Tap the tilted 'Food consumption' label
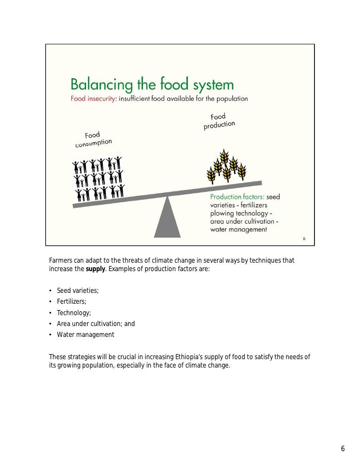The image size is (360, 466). [x=93, y=139]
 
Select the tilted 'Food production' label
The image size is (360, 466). [x=219, y=121]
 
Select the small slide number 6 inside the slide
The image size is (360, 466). [x=304, y=239]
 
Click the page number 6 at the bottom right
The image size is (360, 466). [x=342, y=449]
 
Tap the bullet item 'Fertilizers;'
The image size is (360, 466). [x=72, y=301]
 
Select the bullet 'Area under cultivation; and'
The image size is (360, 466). [x=96, y=324]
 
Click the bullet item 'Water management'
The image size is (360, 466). [x=86, y=334]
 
